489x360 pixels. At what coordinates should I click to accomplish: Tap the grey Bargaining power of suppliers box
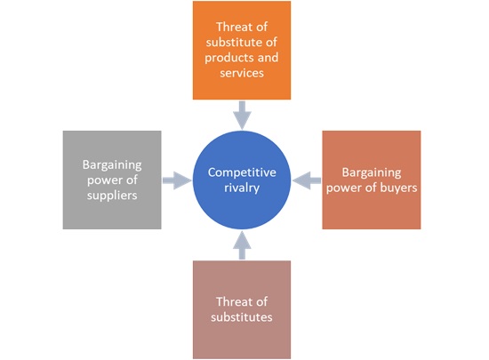coord(112,180)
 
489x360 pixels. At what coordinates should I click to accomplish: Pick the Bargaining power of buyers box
coord(371,180)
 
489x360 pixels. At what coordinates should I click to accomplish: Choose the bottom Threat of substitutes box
coord(242,308)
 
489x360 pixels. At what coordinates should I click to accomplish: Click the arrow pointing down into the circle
coord(242,115)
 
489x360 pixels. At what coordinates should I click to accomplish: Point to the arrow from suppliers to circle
coord(178,180)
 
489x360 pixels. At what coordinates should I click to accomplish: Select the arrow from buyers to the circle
coord(307,180)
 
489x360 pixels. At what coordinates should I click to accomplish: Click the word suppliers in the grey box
coord(112,196)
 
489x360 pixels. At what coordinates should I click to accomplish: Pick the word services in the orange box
coord(242,74)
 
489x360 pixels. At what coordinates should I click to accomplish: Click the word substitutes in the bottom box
coord(242,316)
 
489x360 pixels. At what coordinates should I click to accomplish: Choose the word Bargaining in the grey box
coord(112,164)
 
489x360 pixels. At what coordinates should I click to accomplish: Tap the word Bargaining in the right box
coord(371,172)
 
